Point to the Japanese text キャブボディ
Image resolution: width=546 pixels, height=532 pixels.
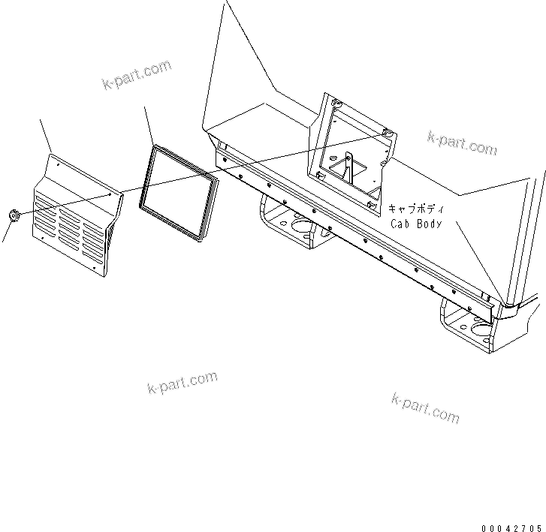[416, 209]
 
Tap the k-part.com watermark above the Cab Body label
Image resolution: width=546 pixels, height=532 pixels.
[462, 142]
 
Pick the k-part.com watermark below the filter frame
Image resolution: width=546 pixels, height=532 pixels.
[183, 383]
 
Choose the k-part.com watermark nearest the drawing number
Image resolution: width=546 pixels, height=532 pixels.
[425, 407]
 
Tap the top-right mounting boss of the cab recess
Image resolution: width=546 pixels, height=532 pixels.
[386, 134]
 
